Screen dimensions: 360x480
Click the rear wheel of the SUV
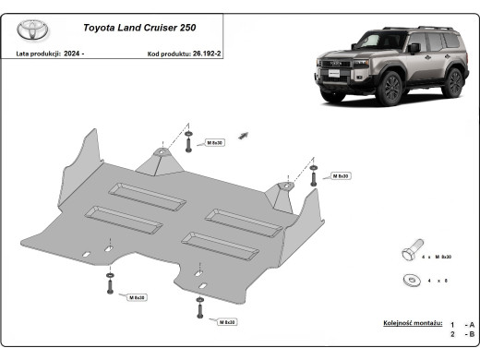(453, 82)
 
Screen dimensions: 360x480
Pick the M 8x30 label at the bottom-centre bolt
(224, 322)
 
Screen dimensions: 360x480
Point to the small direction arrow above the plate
(245, 135)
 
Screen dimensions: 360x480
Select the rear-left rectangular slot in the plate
(136, 190)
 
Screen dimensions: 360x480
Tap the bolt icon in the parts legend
(410, 252)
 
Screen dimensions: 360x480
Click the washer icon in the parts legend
(409, 280)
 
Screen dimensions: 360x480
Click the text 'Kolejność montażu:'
(412, 323)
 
